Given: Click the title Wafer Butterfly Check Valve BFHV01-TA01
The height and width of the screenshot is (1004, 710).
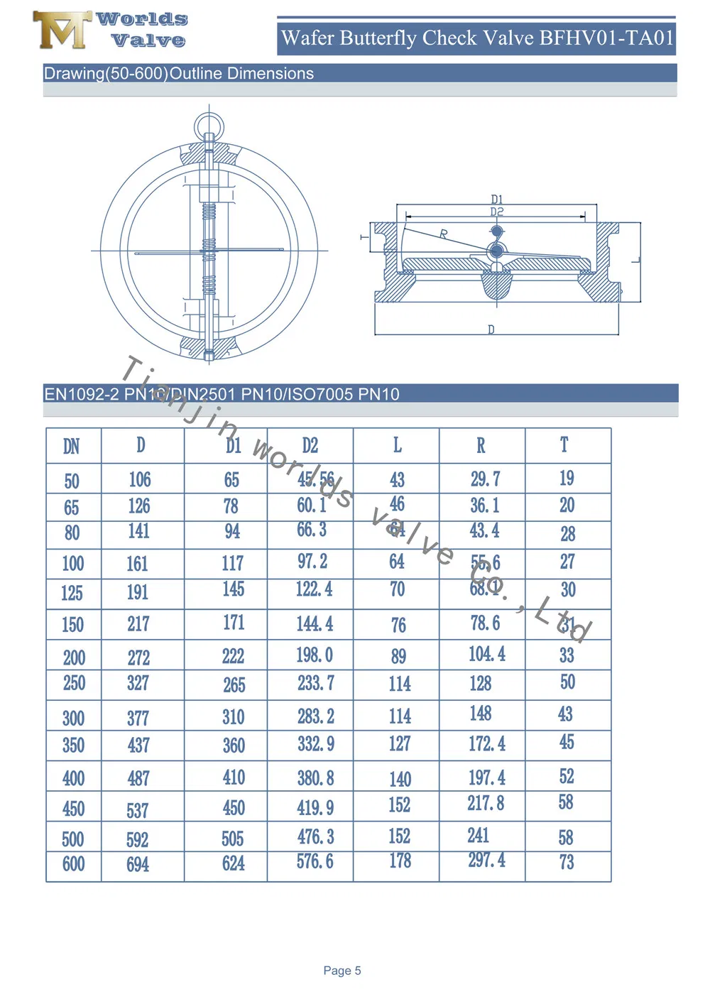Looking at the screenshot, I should coord(477,38).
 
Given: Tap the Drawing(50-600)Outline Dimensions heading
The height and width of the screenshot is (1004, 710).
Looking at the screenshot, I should coord(179,74).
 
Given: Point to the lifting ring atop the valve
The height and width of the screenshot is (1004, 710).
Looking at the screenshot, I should coord(209,125).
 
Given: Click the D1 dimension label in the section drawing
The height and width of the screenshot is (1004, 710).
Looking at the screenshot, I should coord(497,200).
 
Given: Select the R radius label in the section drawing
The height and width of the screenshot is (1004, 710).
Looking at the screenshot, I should coord(444,234).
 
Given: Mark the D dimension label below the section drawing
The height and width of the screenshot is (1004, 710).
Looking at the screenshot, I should coord(491,329).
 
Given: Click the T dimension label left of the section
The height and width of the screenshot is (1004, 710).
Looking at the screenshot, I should coord(364,237).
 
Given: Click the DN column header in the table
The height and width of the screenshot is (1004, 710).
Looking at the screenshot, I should coord(72,447).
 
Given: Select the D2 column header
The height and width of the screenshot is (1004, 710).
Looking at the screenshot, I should coord(310,446).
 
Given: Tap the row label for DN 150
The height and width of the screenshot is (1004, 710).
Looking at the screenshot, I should coord(72,625).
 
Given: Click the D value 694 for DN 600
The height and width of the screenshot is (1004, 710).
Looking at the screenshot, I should coord(138,864).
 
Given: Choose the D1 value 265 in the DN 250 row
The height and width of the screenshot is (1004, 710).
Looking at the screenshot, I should coord(234,684).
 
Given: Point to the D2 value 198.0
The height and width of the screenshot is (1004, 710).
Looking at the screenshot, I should coord(315,655).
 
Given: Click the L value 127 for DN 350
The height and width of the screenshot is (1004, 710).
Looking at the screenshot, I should coord(399,744).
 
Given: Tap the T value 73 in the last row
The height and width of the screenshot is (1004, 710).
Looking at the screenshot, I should coord(566,862).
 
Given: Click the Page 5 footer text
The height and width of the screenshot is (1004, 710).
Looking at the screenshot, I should coord(342,971).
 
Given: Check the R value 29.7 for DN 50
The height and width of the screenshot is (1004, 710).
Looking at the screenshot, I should coord(485,479).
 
